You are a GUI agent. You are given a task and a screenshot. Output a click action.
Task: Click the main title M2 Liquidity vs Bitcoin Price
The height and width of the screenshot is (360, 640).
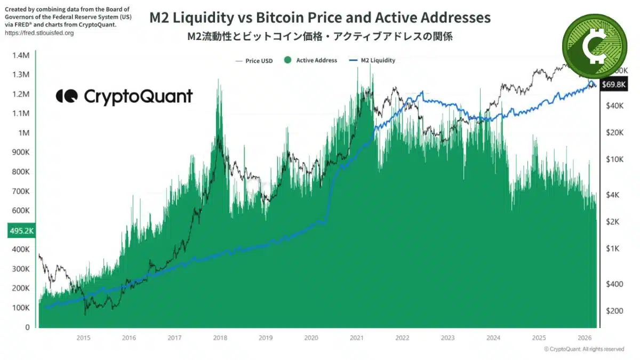319,18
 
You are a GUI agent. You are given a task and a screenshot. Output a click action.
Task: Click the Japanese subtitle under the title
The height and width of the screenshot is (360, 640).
320,37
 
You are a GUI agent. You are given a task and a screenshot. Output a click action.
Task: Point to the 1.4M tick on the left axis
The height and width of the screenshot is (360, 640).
21,55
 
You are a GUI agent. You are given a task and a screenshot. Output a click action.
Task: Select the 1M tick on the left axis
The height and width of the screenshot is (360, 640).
25,133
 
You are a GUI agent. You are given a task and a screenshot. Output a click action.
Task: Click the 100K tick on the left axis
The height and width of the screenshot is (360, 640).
21,308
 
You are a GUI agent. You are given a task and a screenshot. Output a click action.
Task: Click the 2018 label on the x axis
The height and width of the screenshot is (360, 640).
220,338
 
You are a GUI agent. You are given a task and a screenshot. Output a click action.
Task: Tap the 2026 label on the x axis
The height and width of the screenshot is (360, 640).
585,338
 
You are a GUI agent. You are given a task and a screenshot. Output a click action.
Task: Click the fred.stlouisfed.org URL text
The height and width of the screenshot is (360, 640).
39,33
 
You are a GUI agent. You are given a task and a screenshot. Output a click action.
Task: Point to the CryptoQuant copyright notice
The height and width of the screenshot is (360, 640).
584,349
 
